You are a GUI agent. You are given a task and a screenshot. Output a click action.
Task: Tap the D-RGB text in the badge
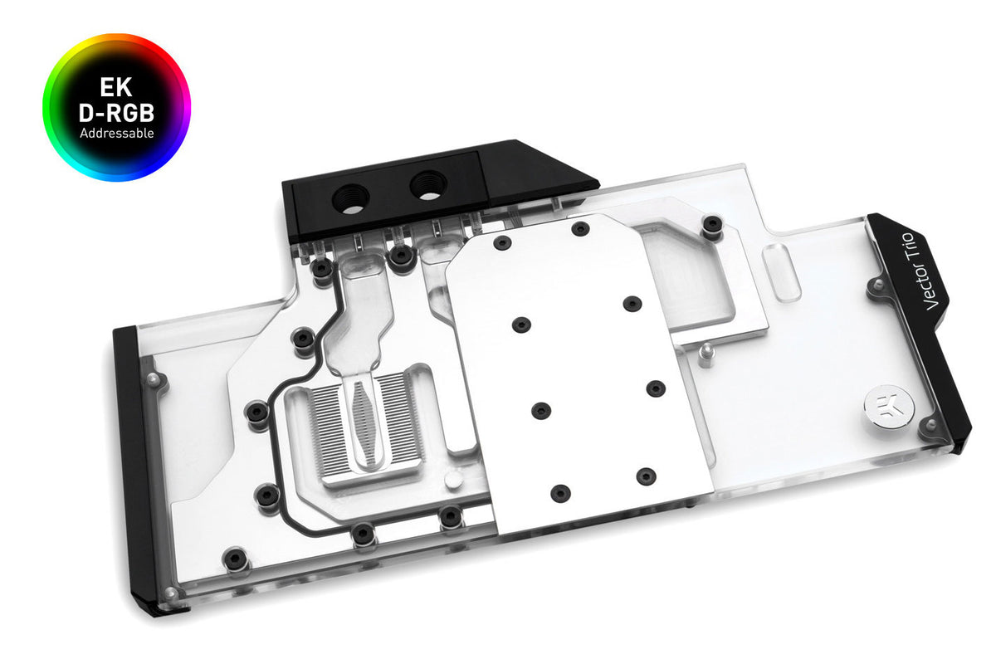coord(116,112)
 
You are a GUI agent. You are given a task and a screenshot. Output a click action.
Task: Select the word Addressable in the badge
coord(116,133)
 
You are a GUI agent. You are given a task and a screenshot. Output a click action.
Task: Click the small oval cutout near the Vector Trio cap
coord(781,272)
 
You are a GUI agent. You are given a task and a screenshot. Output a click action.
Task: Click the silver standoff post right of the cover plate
coord(704,355)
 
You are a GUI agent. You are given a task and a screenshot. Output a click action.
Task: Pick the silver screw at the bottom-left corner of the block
coord(170,593)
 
